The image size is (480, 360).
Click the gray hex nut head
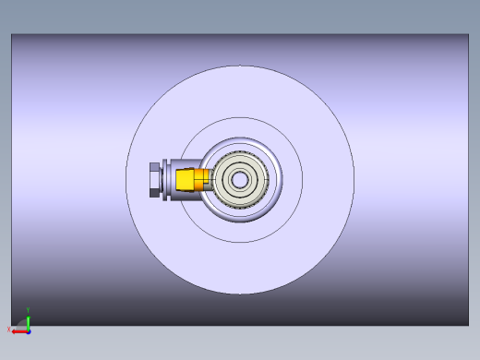[x=154, y=180]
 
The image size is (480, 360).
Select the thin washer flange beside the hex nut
[x=162, y=180]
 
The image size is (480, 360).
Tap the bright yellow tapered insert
[x=188, y=180]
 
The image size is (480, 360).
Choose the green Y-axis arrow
[x=28, y=320]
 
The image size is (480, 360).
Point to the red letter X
[x=9, y=329]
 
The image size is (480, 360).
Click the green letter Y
[x=28, y=309]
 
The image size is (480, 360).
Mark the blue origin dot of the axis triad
[x=28, y=330]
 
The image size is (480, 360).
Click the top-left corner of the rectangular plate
[x=12, y=35]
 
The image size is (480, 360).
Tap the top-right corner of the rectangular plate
[x=468, y=35]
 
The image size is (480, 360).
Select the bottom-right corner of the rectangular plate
[x=468, y=324]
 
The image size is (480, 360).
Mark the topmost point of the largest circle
[x=240, y=66]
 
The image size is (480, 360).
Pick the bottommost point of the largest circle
[x=240, y=294]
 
